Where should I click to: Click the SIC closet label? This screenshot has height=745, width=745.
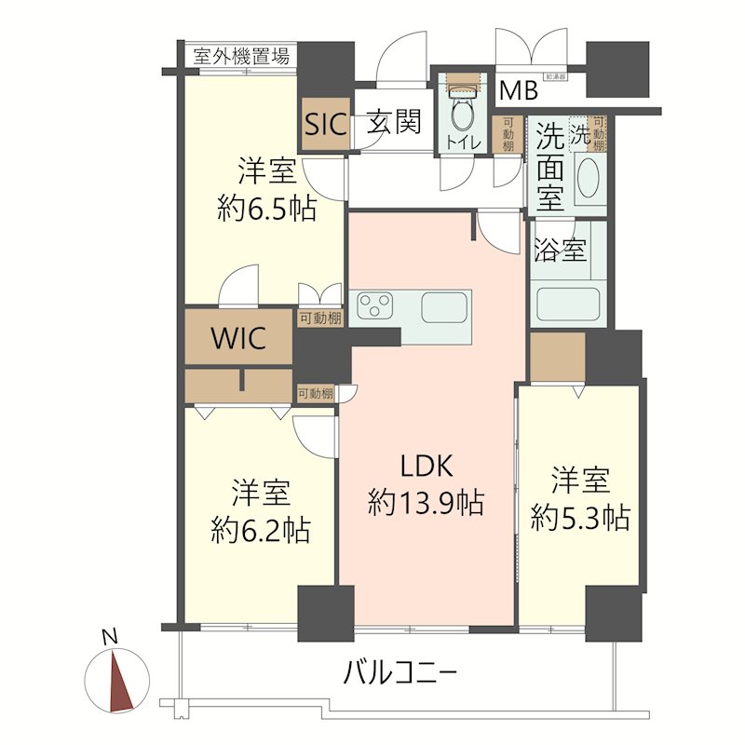[x=323, y=124]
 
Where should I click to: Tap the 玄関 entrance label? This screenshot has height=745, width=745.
[x=392, y=122]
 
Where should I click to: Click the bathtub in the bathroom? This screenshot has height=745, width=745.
[x=567, y=303]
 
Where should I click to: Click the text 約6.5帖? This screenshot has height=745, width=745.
[x=266, y=208]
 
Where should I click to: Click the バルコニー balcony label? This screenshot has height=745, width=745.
[x=400, y=670]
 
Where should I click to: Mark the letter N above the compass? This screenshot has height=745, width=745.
[x=110, y=638]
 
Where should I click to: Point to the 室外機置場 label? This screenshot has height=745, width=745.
[x=241, y=56]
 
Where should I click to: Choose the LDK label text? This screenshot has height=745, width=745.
[x=426, y=465]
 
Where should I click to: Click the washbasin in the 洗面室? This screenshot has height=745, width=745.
[x=589, y=176]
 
